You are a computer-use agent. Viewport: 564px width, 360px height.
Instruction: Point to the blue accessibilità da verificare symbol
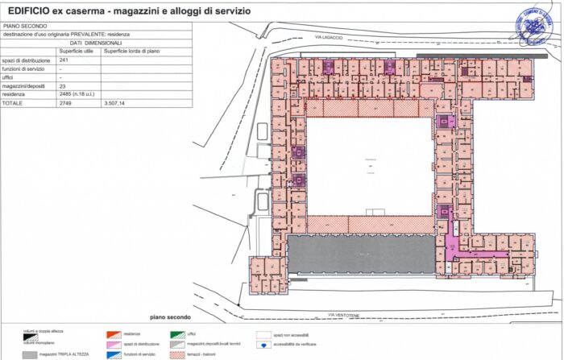click(263, 345)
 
